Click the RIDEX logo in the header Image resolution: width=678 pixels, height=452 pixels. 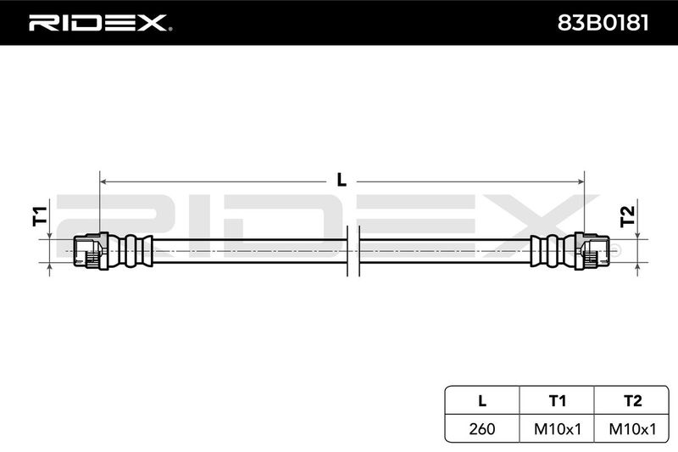pos(100,23)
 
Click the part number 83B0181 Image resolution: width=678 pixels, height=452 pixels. pos(603,23)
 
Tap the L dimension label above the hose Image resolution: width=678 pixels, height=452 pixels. pos(342,180)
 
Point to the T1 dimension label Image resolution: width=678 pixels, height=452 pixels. pos(40,216)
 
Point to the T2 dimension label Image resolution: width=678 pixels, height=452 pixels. pos(627,216)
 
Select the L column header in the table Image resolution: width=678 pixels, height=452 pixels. pos(482,400)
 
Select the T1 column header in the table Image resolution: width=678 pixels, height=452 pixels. pos(557,400)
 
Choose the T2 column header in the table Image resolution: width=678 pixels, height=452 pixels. pos(632,400)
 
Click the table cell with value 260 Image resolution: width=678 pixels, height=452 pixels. pos(481,428)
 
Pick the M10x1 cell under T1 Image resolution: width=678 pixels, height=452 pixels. pos(558,428)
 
